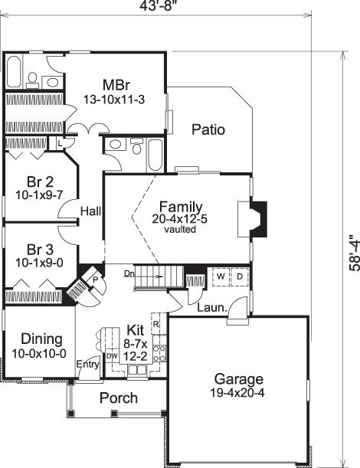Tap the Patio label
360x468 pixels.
point(208,129)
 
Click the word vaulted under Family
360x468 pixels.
point(180,229)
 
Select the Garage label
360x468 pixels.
point(238,378)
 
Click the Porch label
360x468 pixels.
point(119,398)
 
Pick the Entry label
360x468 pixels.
point(88,365)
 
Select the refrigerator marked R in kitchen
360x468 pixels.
point(155,324)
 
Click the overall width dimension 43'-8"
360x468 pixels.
point(159,7)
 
